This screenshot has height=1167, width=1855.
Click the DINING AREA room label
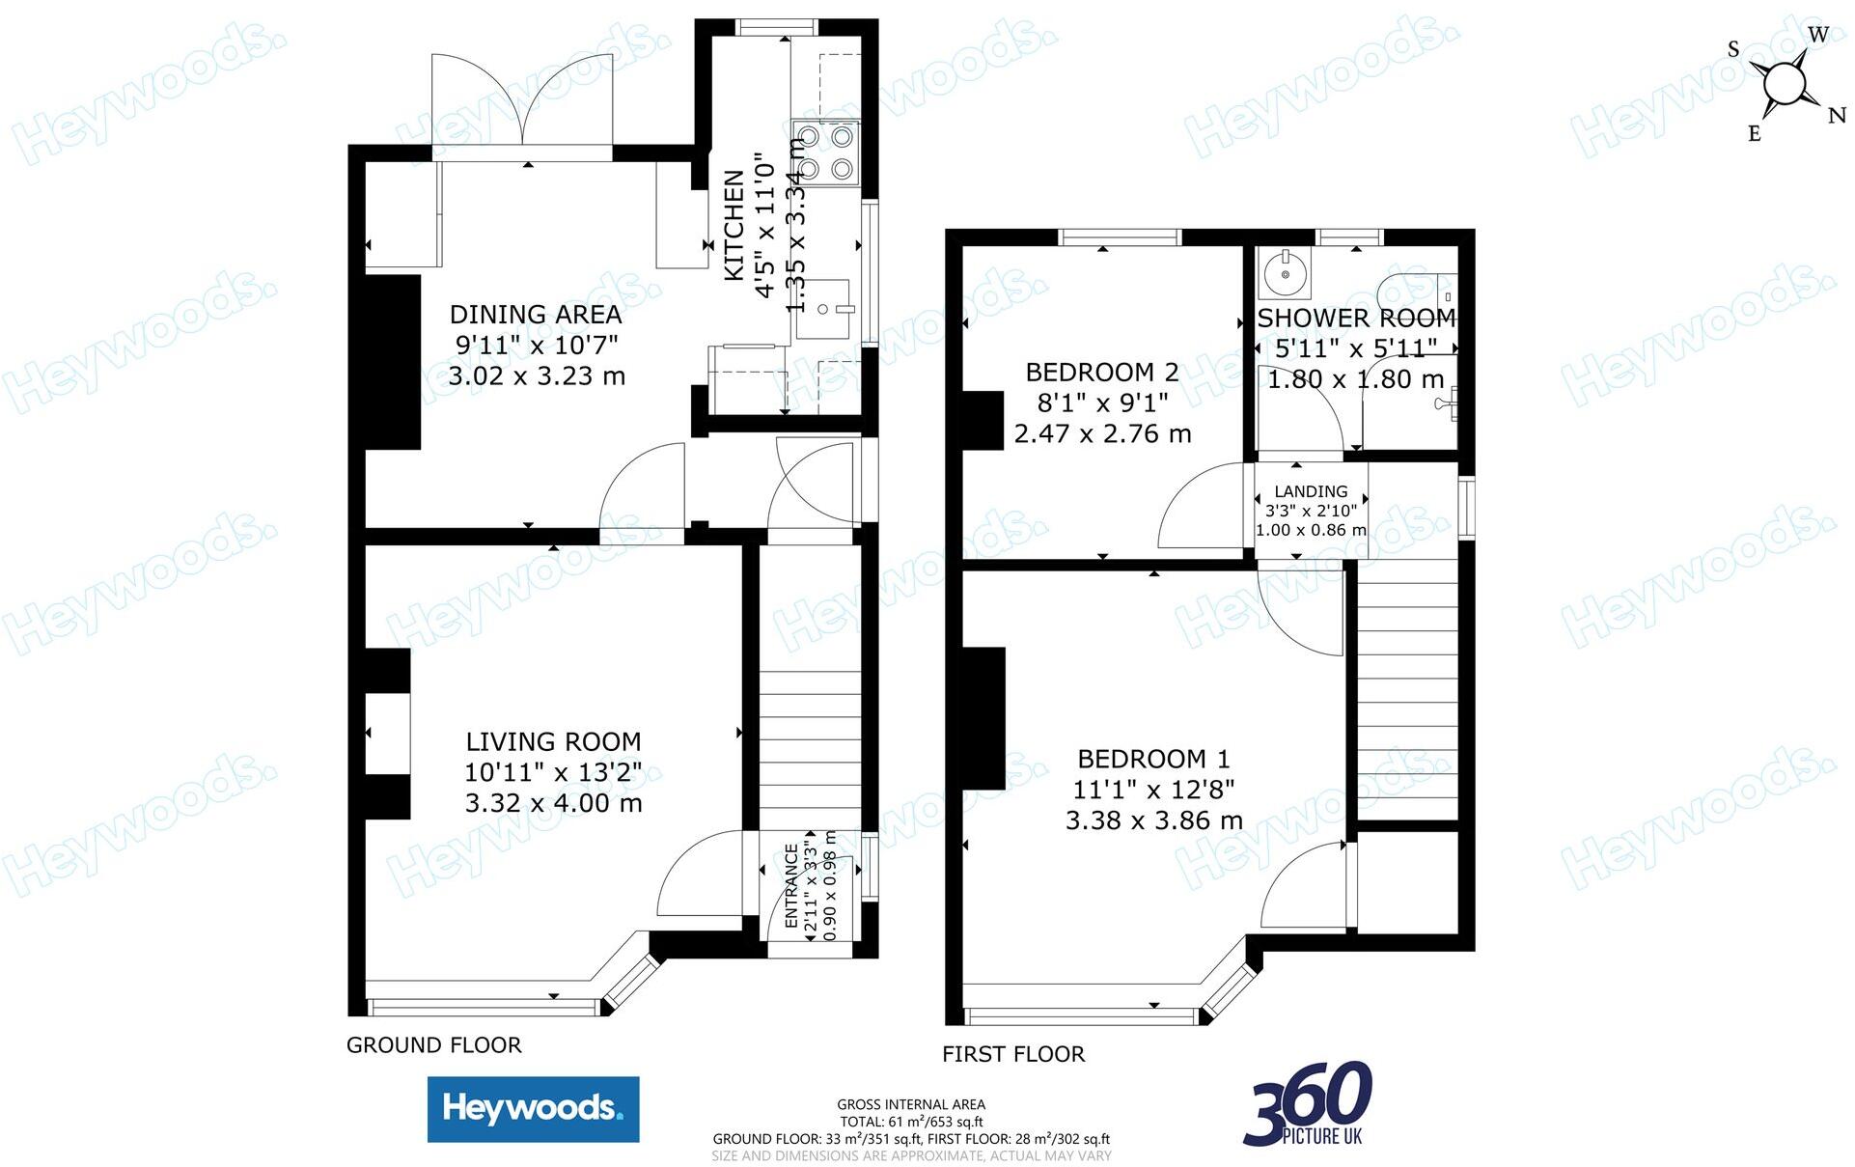[536, 315]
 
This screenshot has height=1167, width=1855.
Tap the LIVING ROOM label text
[553, 742]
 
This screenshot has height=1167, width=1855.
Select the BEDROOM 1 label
[1153, 760]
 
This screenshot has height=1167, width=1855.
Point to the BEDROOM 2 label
[1102, 373]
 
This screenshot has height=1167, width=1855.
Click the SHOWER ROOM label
[1356, 319]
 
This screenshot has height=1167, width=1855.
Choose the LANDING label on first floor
[1311, 491]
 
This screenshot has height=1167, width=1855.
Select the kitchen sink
[826, 309]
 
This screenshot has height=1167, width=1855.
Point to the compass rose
[1784, 85]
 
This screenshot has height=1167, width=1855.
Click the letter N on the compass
[1836, 117]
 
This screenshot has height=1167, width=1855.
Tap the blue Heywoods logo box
[533, 1109]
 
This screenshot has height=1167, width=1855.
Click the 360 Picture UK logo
[1309, 1103]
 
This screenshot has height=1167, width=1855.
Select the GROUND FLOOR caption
[433, 1045]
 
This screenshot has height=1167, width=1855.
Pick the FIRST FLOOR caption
[1013, 1054]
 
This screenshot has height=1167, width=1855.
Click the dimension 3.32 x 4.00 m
[553, 803]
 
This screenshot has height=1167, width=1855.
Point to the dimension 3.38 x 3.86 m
[1153, 820]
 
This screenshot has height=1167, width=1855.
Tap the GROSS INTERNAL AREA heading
[911, 1104]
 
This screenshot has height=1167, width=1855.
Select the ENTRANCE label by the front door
[791, 886]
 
